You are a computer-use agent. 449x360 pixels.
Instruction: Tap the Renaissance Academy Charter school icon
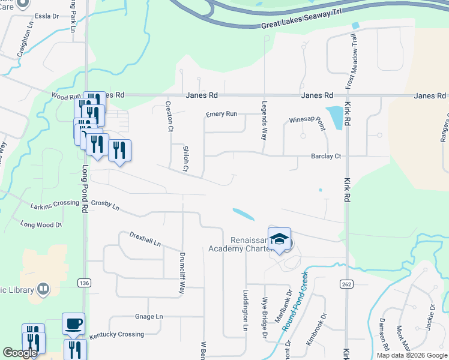point(279,239)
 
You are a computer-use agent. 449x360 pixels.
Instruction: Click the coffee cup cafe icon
point(74,324)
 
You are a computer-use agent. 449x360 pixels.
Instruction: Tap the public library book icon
point(43,290)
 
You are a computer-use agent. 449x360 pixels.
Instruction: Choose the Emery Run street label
point(221,114)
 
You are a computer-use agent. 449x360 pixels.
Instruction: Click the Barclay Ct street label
point(326,156)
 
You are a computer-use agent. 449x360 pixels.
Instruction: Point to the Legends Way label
point(264,118)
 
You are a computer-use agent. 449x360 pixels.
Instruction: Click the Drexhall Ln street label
point(145,239)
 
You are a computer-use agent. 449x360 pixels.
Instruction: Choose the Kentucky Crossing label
point(117,334)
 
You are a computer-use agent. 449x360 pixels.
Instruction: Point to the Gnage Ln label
point(149,316)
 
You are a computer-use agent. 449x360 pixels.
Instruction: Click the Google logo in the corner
point(20,353)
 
